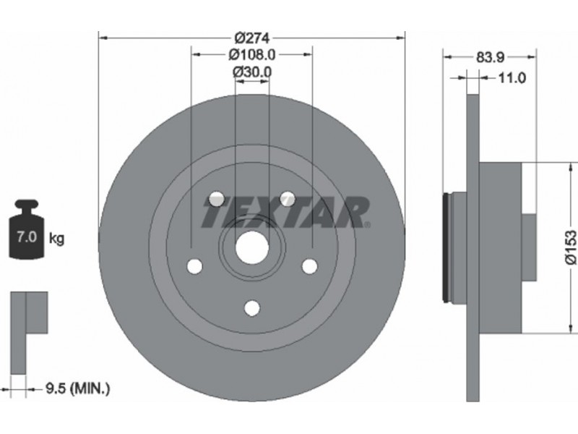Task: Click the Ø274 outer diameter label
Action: pos(252,38)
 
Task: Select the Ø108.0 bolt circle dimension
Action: pos(251,55)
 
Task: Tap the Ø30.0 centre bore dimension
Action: pos(252,72)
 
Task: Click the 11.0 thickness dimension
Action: pos(512,78)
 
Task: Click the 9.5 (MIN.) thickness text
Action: pos(78,388)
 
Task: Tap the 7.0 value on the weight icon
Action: pos(27,237)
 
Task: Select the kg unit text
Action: pos(56,239)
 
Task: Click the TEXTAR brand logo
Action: pos(285,212)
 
